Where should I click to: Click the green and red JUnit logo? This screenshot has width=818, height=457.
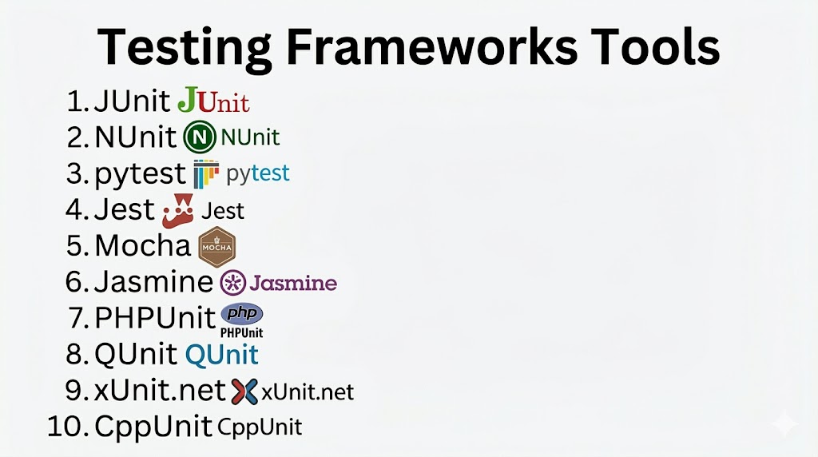(x=213, y=100)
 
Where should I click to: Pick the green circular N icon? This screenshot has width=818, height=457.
(x=199, y=137)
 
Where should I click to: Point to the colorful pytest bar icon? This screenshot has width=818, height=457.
(x=206, y=173)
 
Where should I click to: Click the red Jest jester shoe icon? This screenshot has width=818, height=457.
(x=178, y=211)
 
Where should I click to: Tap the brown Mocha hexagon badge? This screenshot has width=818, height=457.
(x=217, y=247)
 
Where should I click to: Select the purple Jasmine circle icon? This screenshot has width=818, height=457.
(x=232, y=283)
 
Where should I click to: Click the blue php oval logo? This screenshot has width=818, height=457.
(x=242, y=313)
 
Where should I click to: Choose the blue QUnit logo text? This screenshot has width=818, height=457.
(x=222, y=355)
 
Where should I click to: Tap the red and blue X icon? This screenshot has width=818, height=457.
(x=244, y=391)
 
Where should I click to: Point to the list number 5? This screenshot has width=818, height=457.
(x=76, y=246)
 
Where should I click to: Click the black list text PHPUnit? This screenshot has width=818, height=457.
(x=155, y=318)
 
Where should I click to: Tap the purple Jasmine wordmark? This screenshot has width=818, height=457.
(x=293, y=284)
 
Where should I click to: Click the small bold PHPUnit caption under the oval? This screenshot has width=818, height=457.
(x=241, y=332)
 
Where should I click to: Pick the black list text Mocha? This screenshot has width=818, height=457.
(x=143, y=246)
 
